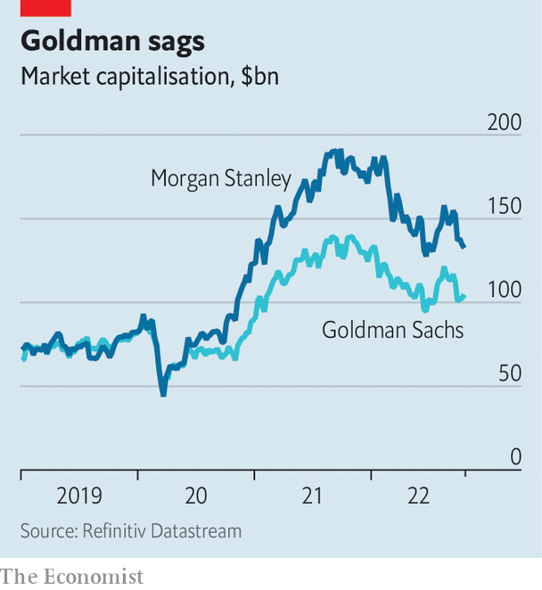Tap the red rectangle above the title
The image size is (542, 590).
[x=45, y=8]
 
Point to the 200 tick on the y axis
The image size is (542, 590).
[x=504, y=121]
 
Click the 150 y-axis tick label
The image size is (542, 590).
[x=504, y=206]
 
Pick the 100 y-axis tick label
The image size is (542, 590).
[x=504, y=290]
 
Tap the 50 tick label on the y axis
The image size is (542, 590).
[x=509, y=373]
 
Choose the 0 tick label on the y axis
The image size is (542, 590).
[x=515, y=457]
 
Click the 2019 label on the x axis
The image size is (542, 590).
[x=79, y=496]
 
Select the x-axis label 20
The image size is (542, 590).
[x=196, y=496]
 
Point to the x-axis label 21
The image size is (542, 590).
[x=312, y=496]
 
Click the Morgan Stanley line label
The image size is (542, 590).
[x=221, y=179]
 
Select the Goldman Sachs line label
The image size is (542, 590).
[x=392, y=331]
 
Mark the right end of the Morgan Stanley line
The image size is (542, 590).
[x=464, y=246]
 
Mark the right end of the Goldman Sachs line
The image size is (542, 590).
[x=464, y=296]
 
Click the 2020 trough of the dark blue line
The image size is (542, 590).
[x=163, y=393]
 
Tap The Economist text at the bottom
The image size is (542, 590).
[x=71, y=577]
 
